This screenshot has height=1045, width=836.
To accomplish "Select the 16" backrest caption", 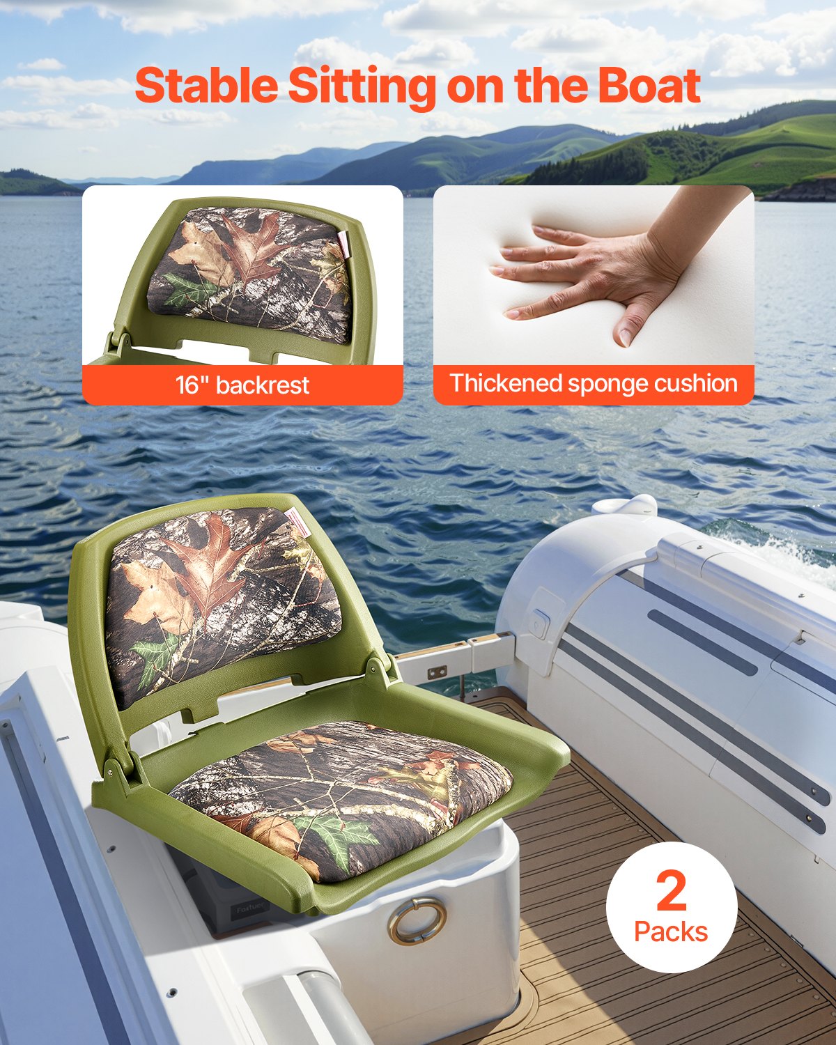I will tap(242, 385).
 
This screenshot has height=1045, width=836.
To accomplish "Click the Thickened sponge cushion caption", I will tap(594, 384).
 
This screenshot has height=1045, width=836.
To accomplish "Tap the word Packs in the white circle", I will tap(671, 931).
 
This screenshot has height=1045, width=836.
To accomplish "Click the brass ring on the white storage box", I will tap(417, 920).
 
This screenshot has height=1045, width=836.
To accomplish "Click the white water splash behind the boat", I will tap(780, 550).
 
